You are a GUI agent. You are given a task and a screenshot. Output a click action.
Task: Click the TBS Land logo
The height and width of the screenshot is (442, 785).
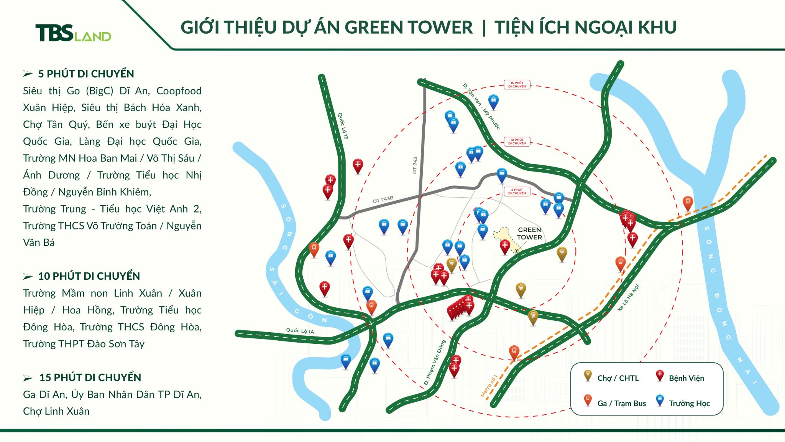pos(73,33)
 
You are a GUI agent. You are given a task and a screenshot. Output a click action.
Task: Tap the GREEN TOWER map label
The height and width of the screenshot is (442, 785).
pos(529,233)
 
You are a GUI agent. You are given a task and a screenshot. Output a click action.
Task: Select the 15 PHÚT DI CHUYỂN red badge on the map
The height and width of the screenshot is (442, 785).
pos(517,84)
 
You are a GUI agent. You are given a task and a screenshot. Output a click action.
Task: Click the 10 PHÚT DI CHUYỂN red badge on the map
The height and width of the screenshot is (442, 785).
pos(517,142)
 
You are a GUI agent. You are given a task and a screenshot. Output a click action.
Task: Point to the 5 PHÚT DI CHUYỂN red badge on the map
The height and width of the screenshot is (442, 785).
pos(517,191)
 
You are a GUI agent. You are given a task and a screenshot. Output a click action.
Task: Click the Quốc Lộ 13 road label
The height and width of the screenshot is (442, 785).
pos(343,126)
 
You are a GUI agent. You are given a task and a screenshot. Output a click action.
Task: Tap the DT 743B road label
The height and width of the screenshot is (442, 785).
pos(383,200)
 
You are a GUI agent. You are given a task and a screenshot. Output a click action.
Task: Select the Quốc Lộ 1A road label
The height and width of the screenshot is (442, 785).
pos(300,331)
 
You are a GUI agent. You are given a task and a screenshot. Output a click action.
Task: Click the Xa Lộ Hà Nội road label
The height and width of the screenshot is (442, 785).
pos(629,298)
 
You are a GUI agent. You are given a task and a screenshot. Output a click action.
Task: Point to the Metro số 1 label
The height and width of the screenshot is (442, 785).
pos(489,385)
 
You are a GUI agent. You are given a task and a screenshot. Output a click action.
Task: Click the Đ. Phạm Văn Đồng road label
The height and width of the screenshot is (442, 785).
pos(435,363)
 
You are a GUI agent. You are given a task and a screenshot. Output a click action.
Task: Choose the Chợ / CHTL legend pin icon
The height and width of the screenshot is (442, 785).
pos(587,375)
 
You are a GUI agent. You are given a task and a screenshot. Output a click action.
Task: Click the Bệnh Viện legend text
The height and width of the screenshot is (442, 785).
pos(686,378)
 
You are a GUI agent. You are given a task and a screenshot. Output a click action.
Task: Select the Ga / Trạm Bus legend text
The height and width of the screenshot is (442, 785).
pos(621,403)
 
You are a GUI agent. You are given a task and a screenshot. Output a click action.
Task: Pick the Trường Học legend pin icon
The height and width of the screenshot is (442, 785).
pos(660,400)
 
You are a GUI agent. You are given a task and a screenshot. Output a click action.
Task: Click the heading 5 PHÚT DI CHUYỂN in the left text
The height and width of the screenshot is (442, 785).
pos(86,74)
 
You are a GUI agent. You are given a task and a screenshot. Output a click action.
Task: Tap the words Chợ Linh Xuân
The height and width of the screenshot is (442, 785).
pos(56,411)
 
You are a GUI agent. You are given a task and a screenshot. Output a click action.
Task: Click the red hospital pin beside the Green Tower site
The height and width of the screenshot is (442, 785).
pos(505,246)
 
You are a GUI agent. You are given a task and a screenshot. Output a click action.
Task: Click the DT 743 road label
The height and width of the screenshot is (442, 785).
pos(415,165)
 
